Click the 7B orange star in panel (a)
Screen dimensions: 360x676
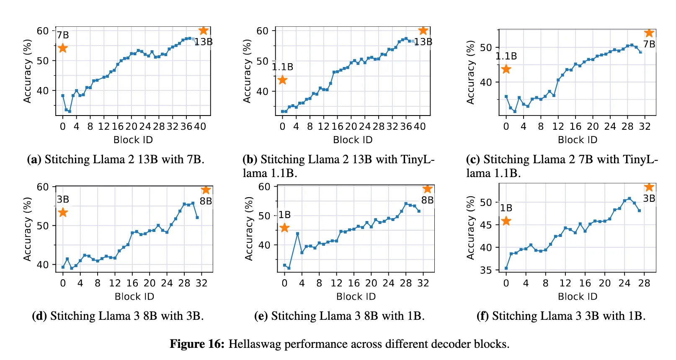[62, 48]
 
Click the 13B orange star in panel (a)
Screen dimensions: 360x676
[204, 31]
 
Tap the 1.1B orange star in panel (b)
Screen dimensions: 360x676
[282, 80]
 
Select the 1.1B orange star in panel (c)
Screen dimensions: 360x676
[506, 69]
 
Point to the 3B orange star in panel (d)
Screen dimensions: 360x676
[63, 213]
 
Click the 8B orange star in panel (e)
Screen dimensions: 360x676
[427, 189]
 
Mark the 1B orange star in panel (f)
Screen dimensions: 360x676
[506, 221]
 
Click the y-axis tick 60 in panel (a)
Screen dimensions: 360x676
[43, 31]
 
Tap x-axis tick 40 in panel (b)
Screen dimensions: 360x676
[420, 126]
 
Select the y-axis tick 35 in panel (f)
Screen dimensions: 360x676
[486, 270]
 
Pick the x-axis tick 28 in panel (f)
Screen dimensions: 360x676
[644, 283]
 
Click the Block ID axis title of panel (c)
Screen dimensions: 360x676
[578, 140]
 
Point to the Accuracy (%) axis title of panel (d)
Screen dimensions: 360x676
[28, 229]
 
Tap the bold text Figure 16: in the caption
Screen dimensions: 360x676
[197, 344]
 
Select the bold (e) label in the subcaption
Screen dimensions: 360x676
[261, 316]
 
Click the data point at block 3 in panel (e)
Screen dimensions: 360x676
[297, 234]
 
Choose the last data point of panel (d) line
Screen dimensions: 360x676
[197, 217]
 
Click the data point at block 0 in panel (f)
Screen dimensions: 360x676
[506, 268]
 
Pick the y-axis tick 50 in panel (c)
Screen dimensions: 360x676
[486, 48]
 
